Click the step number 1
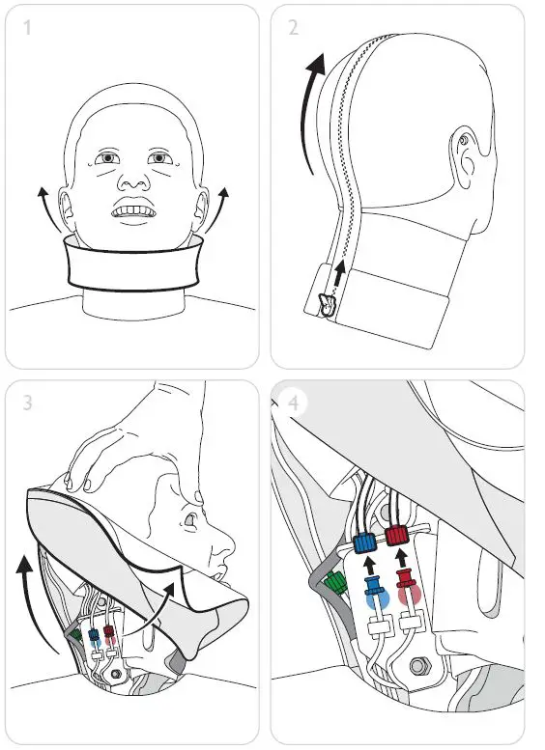click(x=27, y=27)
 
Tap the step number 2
click(x=293, y=27)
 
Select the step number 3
click(x=27, y=403)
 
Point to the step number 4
click(x=294, y=402)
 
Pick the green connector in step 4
click(x=336, y=583)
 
